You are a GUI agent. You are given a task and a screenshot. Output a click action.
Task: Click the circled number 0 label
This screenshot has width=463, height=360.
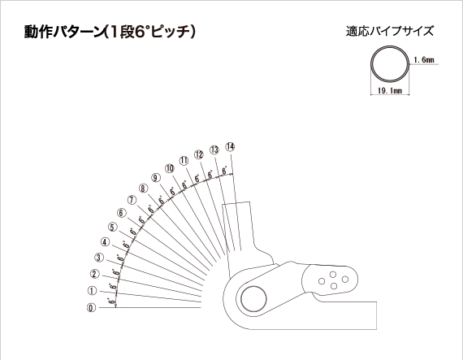(x=92, y=308)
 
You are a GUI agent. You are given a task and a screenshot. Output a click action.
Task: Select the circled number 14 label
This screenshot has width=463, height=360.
(x=230, y=146)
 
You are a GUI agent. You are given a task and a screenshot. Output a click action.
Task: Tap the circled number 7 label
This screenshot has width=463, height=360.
(x=132, y=200)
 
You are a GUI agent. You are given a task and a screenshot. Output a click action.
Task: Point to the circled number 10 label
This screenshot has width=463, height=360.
(x=170, y=168)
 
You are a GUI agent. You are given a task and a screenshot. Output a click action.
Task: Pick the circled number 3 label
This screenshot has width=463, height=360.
(x=99, y=258)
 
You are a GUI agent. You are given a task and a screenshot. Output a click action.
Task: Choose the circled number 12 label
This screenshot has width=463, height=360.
(x=199, y=154)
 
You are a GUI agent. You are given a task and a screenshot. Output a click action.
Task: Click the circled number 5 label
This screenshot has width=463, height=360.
(x=113, y=227)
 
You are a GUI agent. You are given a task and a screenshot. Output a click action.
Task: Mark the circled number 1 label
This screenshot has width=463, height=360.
(x=92, y=291)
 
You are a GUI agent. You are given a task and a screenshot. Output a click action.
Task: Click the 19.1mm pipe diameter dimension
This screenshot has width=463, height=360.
(x=390, y=90)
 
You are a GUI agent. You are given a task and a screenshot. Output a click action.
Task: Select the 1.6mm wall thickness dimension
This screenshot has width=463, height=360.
(x=424, y=60)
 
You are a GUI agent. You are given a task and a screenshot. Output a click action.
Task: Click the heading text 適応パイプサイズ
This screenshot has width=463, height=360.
(x=390, y=32)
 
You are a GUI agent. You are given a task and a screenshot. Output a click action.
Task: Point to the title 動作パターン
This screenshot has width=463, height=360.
(x=63, y=32)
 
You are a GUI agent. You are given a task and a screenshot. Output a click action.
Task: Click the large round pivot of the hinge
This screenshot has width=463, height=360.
(x=253, y=298)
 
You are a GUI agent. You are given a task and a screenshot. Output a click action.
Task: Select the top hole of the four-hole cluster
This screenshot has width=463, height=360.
(x=333, y=275)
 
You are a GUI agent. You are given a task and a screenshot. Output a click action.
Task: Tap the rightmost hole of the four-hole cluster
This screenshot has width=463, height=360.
(x=345, y=279)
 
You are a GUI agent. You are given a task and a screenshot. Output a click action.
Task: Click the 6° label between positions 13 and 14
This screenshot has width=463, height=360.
(x=225, y=171)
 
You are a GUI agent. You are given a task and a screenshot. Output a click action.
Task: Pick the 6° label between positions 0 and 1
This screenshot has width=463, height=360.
(x=111, y=301)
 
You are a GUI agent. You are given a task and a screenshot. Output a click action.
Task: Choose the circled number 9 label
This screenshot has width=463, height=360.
(x=156, y=178)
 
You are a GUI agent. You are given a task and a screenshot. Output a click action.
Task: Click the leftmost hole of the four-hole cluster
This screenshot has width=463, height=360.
(x=322, y=281)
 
